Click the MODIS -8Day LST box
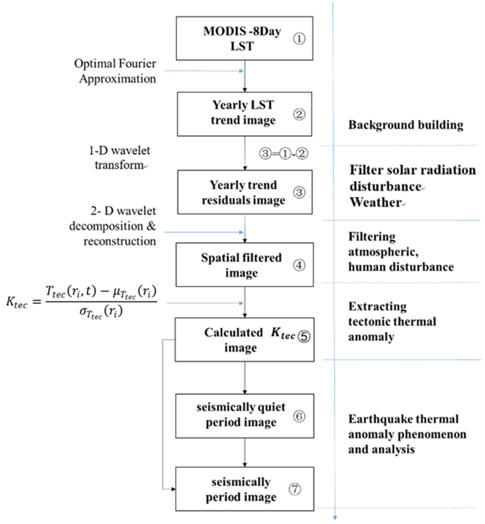tap(244, 39)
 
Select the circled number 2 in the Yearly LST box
tap(299, 114)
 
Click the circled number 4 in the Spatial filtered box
tap(299, 265)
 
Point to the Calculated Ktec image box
tap(244, 340)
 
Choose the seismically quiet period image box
tap(244, 416)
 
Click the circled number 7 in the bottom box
tap(295, 489)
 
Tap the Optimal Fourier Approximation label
tap(116, 71)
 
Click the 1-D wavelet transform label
tap(120, 158)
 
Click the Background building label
tap(405, 125)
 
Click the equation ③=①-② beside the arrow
tap(283, 154)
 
